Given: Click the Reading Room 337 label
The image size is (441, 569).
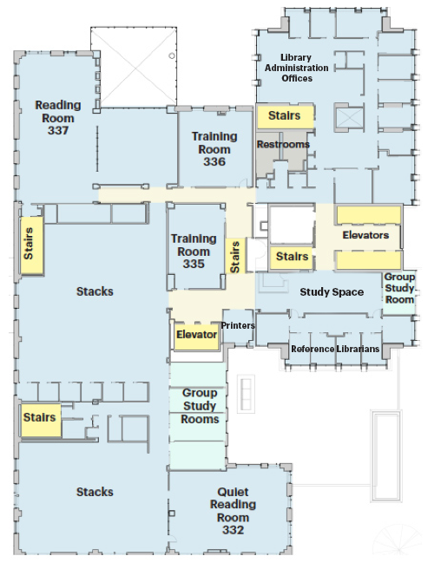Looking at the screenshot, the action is coord(58,118).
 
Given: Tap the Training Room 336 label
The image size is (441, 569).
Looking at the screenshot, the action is coord(214,149).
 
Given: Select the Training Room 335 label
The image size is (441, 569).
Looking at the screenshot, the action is coord(194,252).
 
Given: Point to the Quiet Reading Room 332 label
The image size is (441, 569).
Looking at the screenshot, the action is coord(233,511).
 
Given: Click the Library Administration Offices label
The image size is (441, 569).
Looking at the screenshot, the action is coord(296,68).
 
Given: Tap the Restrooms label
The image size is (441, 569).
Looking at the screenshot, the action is coord(283,145).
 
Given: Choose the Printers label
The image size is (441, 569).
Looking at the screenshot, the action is coord(238,325).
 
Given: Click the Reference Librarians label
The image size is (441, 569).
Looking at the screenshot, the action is coord(335,349).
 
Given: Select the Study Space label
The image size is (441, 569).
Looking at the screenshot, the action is coord(332,292).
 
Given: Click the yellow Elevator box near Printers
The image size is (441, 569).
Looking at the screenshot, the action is coord(196,336).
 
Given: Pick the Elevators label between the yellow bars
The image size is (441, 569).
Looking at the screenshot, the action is coord(365,235).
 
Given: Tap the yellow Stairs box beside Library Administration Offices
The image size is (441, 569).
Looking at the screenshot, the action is coord(285,116).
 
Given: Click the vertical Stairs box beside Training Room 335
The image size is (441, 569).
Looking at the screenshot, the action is coord(235,256).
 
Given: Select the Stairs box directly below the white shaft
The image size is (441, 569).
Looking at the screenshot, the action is coord(292,258).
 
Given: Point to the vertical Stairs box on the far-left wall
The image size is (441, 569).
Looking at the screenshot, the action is coord(31,245).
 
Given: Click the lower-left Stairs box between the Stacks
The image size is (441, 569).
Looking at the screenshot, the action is coord(41,420).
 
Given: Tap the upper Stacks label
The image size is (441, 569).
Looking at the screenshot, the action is coord(95,291).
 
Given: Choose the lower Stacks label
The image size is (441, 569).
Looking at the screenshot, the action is coord(95,492).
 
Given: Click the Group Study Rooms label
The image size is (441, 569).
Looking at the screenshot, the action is coord(200,406).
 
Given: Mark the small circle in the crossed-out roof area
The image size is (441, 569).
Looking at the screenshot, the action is coord(172,56).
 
